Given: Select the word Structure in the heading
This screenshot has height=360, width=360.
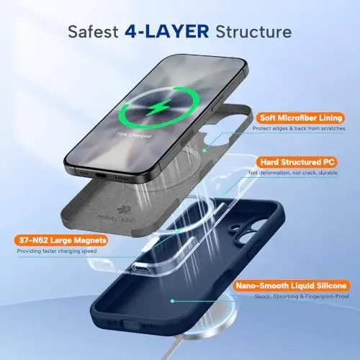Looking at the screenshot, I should coord(257,32).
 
